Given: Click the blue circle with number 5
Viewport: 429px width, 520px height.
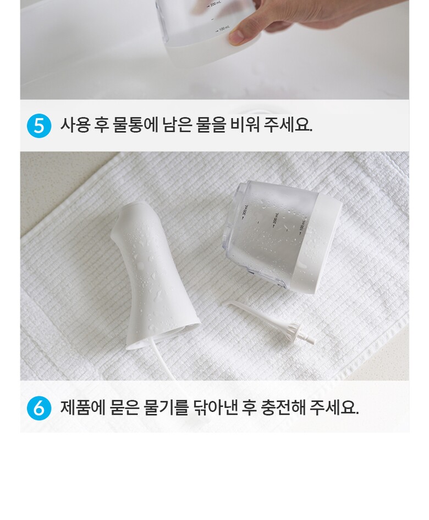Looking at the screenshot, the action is (x=39, y=126).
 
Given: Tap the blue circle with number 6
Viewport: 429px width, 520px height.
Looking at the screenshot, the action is (x=39, y=408).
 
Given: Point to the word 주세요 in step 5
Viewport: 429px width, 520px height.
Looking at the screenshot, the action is (x=288, y=125).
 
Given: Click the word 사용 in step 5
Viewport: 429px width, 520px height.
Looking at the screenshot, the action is (x=75, y=125).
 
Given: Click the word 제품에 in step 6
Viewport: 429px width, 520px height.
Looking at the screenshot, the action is (x=82, y=407).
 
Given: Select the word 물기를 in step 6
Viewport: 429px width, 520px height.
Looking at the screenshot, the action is (x=166, y=407).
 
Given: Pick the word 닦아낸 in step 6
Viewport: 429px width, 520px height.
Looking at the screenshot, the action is (x=216, y=407).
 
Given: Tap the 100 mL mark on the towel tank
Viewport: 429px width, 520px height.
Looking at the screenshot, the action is (x=302, y=225).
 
